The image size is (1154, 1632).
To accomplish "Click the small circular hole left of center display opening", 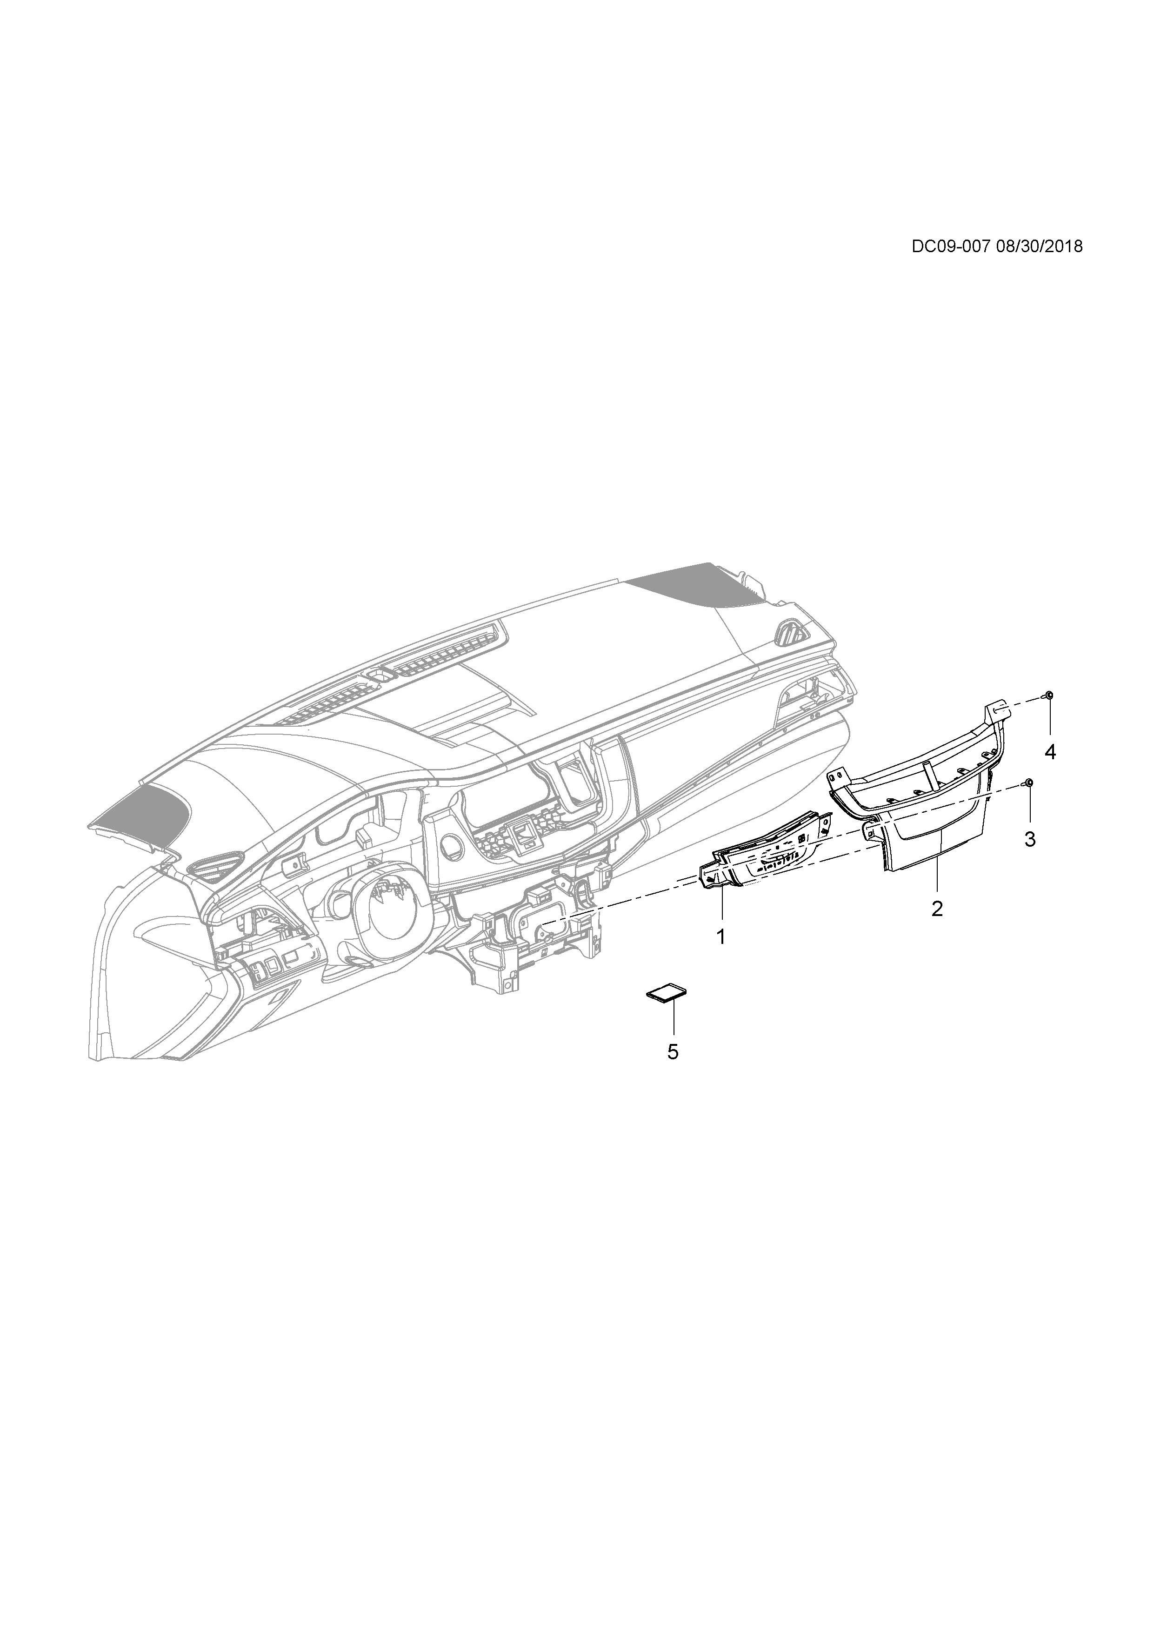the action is [449, 846].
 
